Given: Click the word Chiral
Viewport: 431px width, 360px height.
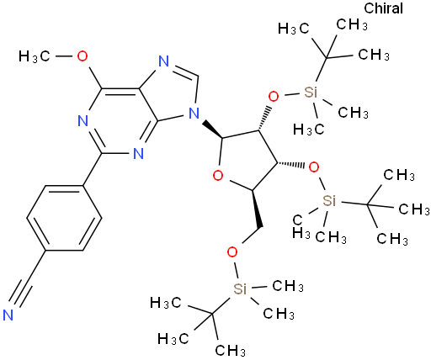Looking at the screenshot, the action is click(x=383, y=8).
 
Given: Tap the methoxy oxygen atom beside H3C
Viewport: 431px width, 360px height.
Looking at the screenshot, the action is click(x=82, y=56).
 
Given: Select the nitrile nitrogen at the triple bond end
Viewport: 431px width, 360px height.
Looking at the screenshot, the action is click(x=8, y=315).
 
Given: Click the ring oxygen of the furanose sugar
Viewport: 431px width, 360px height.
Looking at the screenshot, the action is click(x=218, y=176).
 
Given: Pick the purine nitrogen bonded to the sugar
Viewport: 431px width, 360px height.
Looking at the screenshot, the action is click(x=194, y=114).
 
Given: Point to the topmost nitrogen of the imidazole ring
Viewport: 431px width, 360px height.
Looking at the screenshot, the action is click(x=163, y=61).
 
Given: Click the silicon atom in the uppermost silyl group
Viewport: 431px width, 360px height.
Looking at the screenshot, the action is click(x=311, y=92).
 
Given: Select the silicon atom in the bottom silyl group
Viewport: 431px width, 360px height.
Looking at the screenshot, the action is click(x=240, y=289).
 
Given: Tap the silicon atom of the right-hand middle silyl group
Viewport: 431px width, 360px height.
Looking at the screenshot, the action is click(x=329, y=201).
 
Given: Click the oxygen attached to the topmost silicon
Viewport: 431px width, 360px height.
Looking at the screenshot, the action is click(x=274, y=97).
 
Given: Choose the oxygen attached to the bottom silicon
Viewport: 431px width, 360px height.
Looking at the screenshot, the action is click(x=232, y=252).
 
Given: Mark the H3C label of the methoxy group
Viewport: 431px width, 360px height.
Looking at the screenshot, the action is click(x=34, y=56).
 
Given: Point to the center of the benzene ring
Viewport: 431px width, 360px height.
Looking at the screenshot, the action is click(x=64, y=218).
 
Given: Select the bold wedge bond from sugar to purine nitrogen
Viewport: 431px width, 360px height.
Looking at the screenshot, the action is click(x=213, y=130).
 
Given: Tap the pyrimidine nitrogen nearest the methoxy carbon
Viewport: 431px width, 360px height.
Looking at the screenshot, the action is click(x=82, y=121).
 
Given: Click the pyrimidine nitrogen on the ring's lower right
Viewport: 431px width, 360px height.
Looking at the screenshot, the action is click(x=138, y=153).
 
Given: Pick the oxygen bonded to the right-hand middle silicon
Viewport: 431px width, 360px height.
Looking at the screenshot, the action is click(x=313, y=167).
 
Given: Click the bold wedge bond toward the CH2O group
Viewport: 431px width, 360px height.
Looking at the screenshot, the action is click(x=257, y=209).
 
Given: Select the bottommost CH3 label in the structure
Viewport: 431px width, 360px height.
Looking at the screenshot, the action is click(x=230, y=350).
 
